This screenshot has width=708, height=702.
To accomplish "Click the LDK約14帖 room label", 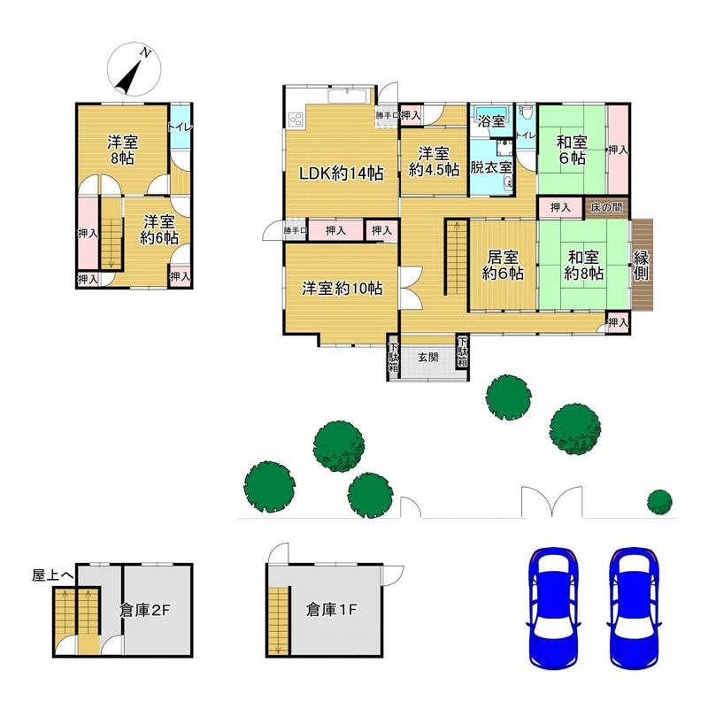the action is [x=342, y=173].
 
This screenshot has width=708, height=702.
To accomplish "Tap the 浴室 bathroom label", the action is [x=491, y=121].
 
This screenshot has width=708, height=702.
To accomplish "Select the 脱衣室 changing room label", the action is [x=491, y=167].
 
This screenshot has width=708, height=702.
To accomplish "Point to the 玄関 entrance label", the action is [x=427, y=358].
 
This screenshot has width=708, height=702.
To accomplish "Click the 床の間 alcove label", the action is [x=606, y=207].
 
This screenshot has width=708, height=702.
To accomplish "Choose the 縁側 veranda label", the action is [x=641, y=266].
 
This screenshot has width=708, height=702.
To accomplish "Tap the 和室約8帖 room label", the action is [x=583, y=266].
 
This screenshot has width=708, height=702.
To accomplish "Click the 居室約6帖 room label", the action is [x=503, y=266].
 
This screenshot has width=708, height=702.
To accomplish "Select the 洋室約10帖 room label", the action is [x=342, y=289].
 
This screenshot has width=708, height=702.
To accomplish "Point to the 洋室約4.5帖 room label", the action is [x=434, y=161].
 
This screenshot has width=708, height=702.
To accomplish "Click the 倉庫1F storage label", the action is [x=331, y=610].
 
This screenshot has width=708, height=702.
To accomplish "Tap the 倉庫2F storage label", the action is [x=144, y=610].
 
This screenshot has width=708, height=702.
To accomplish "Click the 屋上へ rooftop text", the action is [x=52, y=575].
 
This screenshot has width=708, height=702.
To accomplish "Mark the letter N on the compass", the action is [x=145, y=52].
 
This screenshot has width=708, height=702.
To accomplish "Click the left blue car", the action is [x=553, y=608].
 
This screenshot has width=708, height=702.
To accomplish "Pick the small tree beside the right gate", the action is [x=659, y=502].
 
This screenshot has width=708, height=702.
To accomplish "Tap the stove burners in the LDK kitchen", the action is [x=296, y=120].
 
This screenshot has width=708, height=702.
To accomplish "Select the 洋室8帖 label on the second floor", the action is [x=122, y=150].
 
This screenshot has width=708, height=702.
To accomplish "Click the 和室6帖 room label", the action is [x=572, y=150].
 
